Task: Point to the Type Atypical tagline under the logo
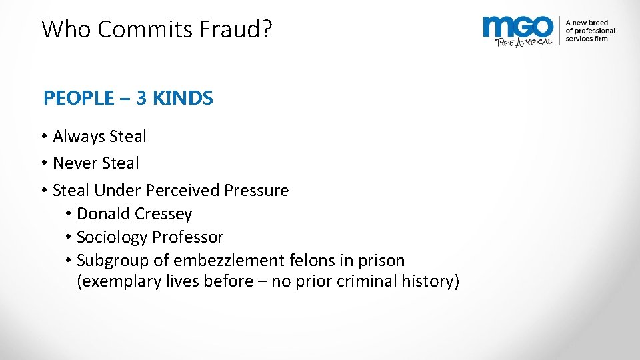tap(523, 41)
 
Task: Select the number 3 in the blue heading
tap(141, 99)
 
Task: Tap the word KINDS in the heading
tap(183, 99)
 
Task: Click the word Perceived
tap(182, 191)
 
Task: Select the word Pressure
tap(257, 191)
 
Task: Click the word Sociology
tap(112, 237)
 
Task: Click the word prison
tap(382, 261)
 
